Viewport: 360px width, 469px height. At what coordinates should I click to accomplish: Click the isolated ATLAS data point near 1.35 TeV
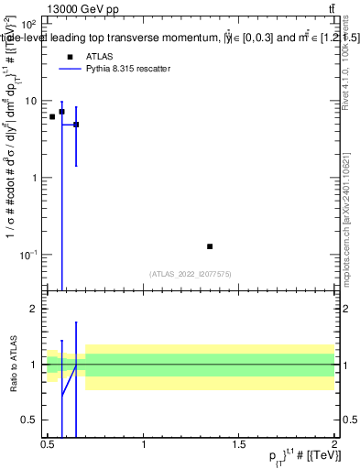(x=210, y=246)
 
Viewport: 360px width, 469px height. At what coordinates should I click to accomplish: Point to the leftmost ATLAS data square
(x=52, y=116)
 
